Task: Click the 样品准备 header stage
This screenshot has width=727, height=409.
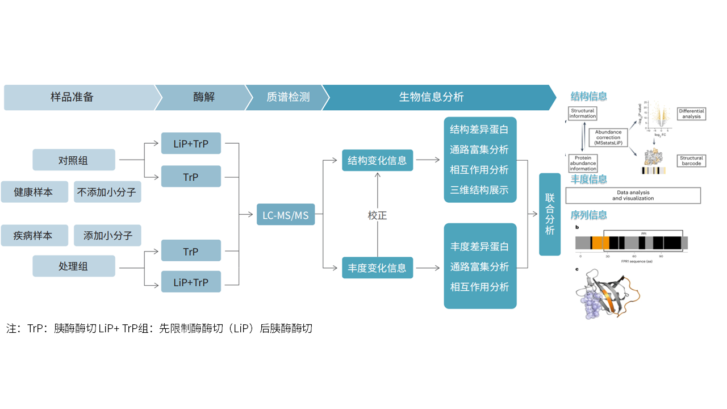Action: click(x=72, y=97)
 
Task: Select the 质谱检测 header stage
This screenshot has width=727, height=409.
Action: click(x=288, y=97)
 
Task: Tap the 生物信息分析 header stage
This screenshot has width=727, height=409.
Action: click(x=432, y=97)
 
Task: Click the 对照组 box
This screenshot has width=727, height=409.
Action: click(x=74, y=160)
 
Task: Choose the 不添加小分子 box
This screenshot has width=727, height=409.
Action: click(x=107, y=192)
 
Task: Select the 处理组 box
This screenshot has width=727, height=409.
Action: click(x=74, y=266)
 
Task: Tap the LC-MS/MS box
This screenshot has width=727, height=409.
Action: click(x=285, y=214)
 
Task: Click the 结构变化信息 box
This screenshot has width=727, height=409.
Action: click(x=377, y=160)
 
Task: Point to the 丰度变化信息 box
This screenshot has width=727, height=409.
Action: click(x=377, y=268)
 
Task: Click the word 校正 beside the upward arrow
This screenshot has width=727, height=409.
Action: click(x=377, y=216)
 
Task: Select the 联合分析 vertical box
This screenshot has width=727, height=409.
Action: click(x=549, y=214)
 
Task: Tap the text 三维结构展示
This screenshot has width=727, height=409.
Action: click(x=479, y=190)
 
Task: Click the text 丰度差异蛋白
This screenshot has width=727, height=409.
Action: click(x=479, y=247)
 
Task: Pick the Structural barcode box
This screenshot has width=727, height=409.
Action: click(x=691, y=161)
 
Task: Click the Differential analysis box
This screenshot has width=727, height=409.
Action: click(x=691, y=114)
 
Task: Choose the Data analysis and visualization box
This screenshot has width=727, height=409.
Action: click(x=633, y=195)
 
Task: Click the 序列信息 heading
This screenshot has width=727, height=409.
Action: click(x=588, y=215)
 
